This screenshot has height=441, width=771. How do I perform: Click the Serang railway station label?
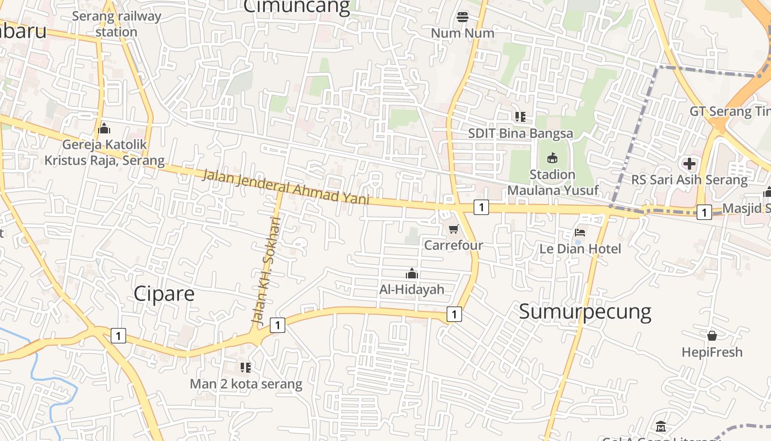116,24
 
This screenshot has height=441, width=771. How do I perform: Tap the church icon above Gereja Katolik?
104,130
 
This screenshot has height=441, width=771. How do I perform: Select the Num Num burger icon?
463,17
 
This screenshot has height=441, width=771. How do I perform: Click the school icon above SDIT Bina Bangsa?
520,117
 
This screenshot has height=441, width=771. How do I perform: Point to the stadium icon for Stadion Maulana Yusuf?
552,159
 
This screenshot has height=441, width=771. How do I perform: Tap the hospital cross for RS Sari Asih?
689,164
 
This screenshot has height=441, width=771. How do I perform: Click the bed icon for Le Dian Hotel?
579,233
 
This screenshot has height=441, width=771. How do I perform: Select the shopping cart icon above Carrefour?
453,229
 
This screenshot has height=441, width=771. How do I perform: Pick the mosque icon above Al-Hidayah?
411,273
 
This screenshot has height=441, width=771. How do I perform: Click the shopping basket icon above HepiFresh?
712,335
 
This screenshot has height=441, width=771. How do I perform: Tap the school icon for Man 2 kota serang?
246,367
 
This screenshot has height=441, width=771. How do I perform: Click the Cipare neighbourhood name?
164,293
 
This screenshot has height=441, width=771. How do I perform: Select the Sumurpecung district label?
585,311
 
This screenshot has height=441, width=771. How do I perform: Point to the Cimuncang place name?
296,7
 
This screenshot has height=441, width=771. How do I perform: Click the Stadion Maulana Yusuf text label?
552,182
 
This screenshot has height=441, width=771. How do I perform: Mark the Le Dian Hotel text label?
580,249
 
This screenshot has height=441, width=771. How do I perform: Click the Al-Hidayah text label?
411,289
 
